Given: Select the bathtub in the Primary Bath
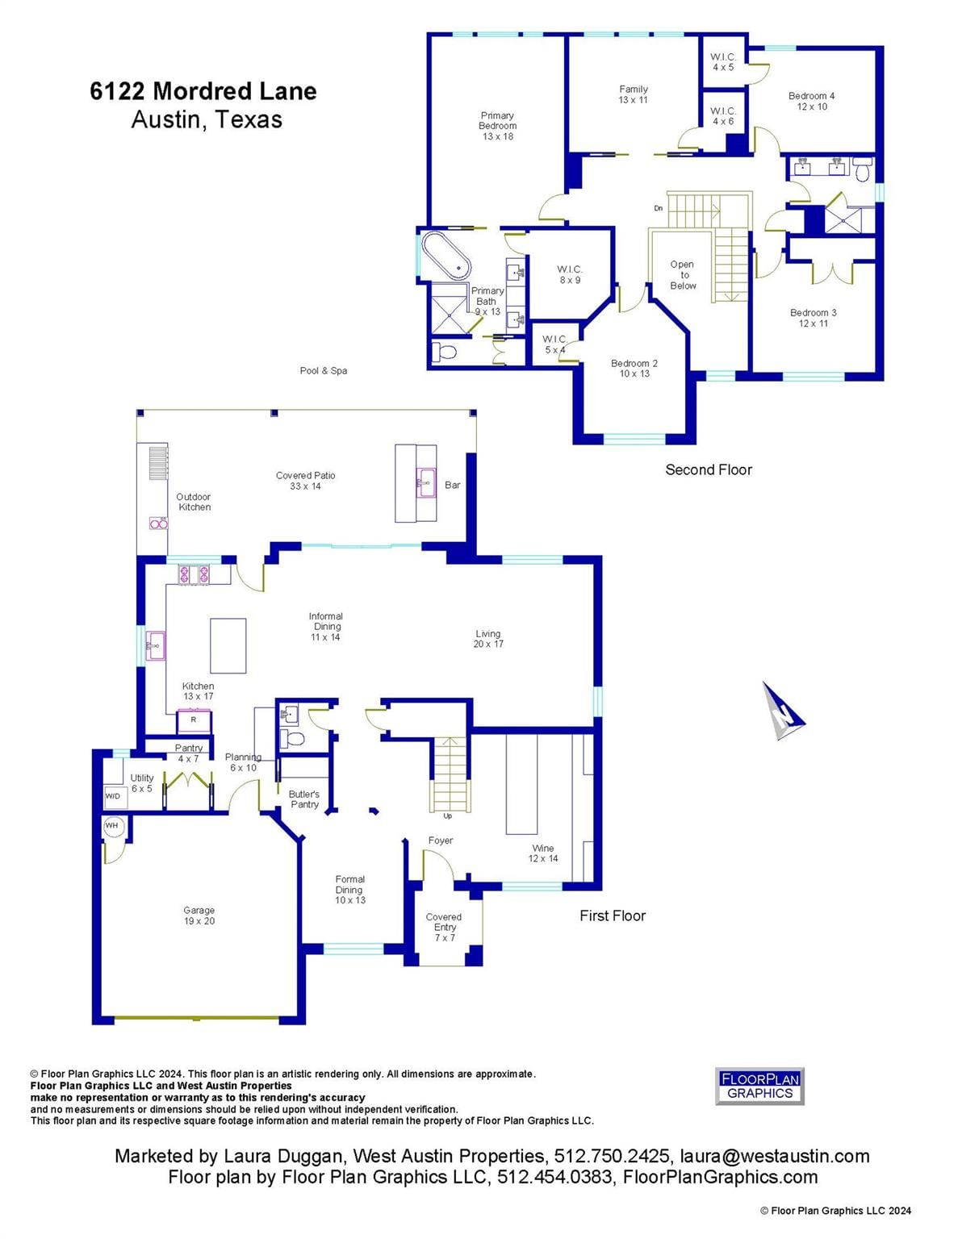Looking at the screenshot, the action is pyautogui.click(x=446, y=256).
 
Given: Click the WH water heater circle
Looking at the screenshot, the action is pyautogui.click(x=111, y=826).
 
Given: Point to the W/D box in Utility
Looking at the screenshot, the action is pyautogui.click(x=114, y=796).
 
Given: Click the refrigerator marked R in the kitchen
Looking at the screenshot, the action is pyautogui.click(x=194, y=720).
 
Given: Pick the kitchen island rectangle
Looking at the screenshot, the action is pyautogui.click(x=228, y=646).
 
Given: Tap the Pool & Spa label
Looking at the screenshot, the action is pyautogui.click(x=324, y=370).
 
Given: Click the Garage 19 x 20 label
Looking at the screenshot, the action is pyautogui.click(x=199, y=916).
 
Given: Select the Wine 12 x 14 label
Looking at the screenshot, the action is pyautogui.click(x=543, y=853).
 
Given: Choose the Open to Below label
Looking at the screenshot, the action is pyautogui.click(x=683, y=275).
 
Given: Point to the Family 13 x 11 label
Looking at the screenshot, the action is pyautogui.click(x=633, y=94).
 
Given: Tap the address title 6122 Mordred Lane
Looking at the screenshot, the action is pyautogui.click(x=203, y=91).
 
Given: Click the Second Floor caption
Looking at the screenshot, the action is pyautogui.click(x=709, y=469).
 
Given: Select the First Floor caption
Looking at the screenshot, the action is pyautogui.click(x=613, y=916).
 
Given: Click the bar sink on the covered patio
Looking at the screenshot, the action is pyautogui.click(x=425, y=483).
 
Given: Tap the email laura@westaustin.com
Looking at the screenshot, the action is pyautogui.click(x=775, y=1156).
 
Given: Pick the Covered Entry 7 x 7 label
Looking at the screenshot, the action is pyautogui.click(x=444, y=927).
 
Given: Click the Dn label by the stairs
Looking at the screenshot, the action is pyautogui.click(x=658, y=208).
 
